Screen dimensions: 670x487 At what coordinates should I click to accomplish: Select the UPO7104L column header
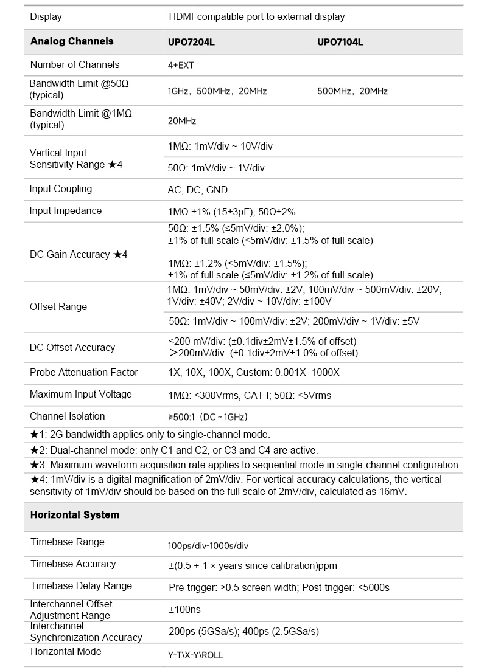pyautogui.click(x=340, y=42)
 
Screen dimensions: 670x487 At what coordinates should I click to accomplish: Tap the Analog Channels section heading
pyautogui.click(x=72, y=41)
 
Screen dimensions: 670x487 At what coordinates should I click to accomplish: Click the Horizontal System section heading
pyautogui.click(x=75, y=515)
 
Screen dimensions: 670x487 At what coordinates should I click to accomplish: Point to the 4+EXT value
pyautogui.click(x=181, y=65)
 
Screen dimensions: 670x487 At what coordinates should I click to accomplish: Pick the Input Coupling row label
pyautogui.click(x=61, y=188)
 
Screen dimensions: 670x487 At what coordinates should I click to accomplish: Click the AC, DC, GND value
pyautogui.click(x=197, y=190)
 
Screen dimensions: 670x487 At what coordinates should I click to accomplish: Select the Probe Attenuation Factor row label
pyautogui.click(x=84, y=372)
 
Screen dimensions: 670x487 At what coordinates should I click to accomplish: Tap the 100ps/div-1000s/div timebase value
pyautogui.click(x=208, y=545)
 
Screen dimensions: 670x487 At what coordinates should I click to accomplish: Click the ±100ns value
pyautogui.click(x=184, y=609)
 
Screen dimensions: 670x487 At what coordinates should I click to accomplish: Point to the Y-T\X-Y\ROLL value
pyautogui.click(x=195, y=655)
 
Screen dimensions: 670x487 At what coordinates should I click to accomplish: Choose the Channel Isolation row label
pyautogui.click(x=67, y=416)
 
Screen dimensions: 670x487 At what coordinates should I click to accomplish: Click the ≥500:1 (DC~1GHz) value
pyautogui.click(x=208, y=417)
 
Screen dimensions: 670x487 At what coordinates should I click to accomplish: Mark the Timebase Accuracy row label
pyautogui.click(x=73, y=564)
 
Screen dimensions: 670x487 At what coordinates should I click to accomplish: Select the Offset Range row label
pyautogui.click(x=58, y=306)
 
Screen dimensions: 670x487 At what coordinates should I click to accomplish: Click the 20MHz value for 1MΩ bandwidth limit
pyautogui.click(x=181, y=121)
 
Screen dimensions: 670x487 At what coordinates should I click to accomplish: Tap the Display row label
pyautogui.click(x=46, y=16)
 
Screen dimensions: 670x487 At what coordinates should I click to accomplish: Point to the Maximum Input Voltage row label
pyautogui.click(x=81, y=394)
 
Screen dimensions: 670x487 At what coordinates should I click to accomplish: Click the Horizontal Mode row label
pyautogui.click(x=66, y=651)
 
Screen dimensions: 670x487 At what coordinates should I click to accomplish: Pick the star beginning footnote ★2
pyautogui.click(x=35, y=450)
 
